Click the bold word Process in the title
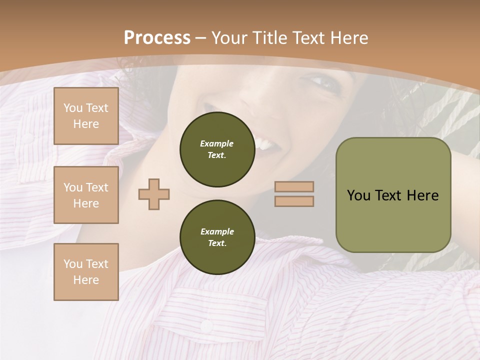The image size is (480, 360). click(157, 37)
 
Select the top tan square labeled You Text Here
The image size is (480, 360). click(86, 116)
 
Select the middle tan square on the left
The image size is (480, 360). click(86, 195)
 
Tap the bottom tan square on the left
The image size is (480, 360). click(86, 272)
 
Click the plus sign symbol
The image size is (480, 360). click(154, 194)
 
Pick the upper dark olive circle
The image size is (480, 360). click(217, 149)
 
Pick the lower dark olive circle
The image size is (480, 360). click(217, 237)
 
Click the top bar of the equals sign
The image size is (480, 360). click(294, 187)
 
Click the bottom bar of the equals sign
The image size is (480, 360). click(294, 201)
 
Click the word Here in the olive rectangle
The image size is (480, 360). click(422, 195)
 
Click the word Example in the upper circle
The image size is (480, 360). click(217, 143)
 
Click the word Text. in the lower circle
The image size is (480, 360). click(217, 243)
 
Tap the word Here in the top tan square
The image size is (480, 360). click(86, 124)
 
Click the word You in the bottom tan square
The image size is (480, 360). click(73, 264)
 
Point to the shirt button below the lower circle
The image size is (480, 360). click(206, 325)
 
